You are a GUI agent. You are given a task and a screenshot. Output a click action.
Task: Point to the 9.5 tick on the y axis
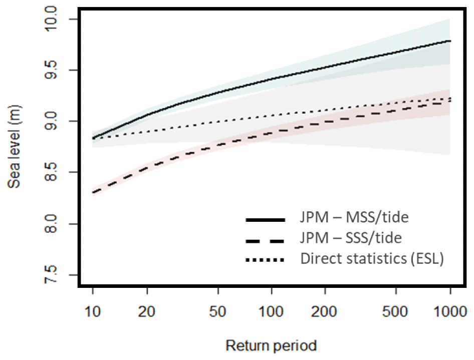[59, 71]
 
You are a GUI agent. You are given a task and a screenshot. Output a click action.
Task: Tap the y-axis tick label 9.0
[59, 122]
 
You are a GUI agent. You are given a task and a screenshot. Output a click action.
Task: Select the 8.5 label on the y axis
[59, 173]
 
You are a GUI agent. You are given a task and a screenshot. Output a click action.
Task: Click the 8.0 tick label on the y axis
[59, 224]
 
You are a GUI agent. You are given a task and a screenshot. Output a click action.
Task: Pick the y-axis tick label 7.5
[59, 275]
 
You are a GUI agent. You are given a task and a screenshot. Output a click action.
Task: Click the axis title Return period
[271, 346]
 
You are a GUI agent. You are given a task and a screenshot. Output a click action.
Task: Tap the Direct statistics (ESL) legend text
[372, 259]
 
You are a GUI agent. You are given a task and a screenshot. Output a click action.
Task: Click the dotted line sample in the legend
[265, 260]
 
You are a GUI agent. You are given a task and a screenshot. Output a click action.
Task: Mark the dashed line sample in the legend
[265, 241]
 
